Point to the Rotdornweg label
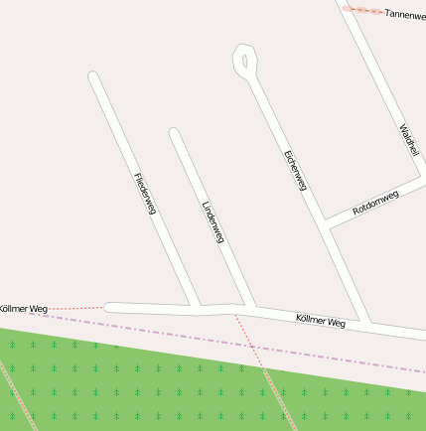pos(375,203)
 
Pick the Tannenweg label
pos(404,15)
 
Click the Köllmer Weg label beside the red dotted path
pos(24,309)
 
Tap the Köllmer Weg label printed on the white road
pos(321,321)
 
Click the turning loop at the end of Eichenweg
pos(243,60)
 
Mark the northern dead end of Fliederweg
pos(93,75)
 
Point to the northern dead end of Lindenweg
pos(174,132)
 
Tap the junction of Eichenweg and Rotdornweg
pos(325,221)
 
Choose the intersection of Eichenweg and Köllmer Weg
pos(366,325)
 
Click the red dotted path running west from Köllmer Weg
pos(74,308)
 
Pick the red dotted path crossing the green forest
pos(273,392)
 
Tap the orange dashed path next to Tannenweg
pos(362,10)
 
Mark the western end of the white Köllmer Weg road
pos(109,308)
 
